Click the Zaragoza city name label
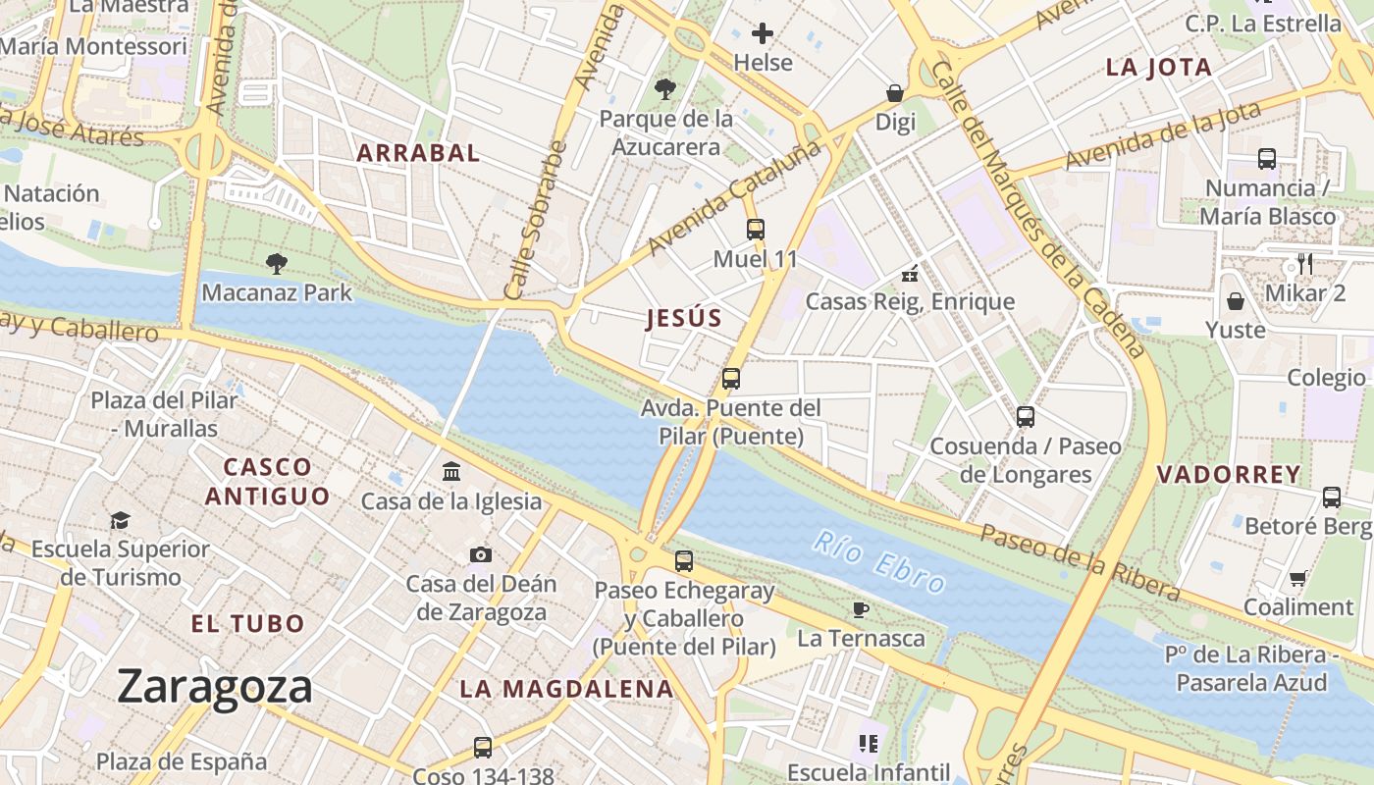tap(215, 686)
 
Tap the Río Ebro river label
tap(879, 563)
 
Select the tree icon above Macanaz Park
tap(277, 263)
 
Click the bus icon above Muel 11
tap(755, 230)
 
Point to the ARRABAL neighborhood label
tap(418, 153)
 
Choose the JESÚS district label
tap(684, 318)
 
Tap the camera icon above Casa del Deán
tap(480, 554)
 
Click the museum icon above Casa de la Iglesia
tap(451, 472)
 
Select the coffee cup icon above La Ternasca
tap(861, 609)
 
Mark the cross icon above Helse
tap(763, 33)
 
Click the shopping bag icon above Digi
tap(895, 93)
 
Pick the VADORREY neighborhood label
tap(1228, 475)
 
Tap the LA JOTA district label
tap(1158, 68)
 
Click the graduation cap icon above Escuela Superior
tap(120, 519)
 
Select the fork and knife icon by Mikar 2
tap(1304, 263)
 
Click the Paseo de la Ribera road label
tap(1080, 562)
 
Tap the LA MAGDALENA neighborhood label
tap(567, 689)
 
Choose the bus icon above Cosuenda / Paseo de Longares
tap(1026, 416)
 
